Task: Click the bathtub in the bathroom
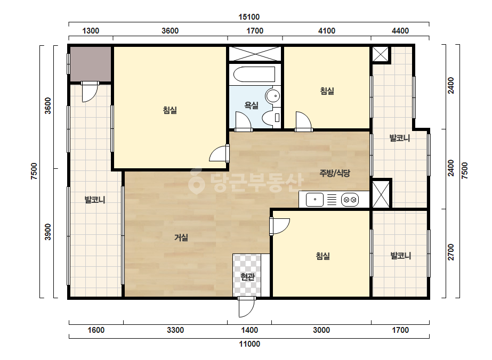click(254, 75)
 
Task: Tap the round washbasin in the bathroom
click(273, 95)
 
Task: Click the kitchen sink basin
click(314, 200)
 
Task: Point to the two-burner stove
click(350, 200)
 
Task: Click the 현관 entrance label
click(247, 277)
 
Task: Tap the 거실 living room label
click(181, 238)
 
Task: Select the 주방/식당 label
click(335, 173)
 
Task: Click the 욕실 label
click(252, 105)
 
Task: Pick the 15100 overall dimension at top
click(249, 17)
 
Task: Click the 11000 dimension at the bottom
click(249, 344)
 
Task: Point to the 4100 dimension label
click(327, 31)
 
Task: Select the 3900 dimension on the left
click(47, 232)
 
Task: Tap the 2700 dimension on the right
click(451, 252)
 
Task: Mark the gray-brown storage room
click(91, 64)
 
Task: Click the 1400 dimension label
click(249, 330)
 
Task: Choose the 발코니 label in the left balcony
click(95, 200)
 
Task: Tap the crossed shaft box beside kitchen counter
click(381, 193)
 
